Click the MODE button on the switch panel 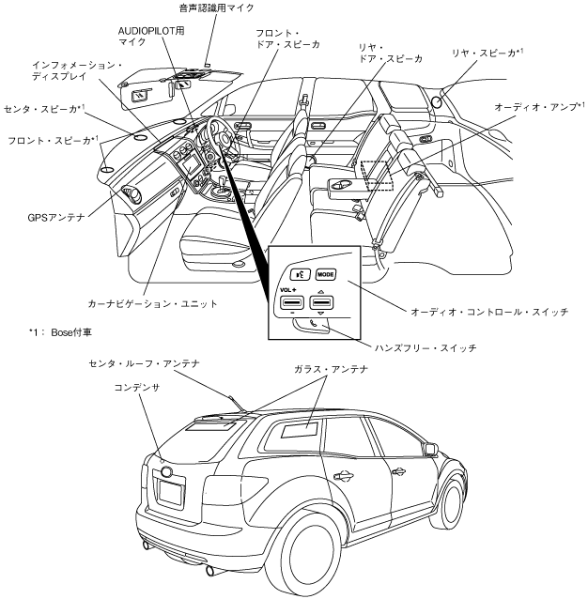(x=326, y=275)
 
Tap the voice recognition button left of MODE (x=299, y=275)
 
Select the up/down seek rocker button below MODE (x=322, y=303)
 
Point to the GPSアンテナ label (x=56, y=217)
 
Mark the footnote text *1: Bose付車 (x=63, y=332)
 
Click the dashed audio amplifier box (x=377, y=176)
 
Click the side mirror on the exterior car (x=431, y=449)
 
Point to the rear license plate (x=170, y=491)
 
